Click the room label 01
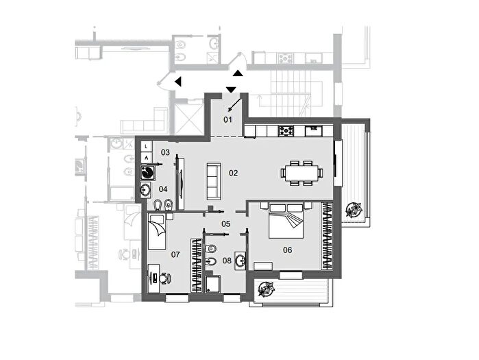(228, 119)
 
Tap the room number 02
(234, 173)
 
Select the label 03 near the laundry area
(165, 152)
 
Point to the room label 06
(287, 250)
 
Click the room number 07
(175, 254)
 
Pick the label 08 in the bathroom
(227, 261)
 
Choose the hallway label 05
(225, 224)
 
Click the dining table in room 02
(302, 173)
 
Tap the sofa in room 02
(214, 182)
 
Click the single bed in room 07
(157, 232)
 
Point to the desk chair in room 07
(165, 278)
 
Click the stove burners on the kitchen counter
(286, 131)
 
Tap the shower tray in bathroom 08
(213, 284)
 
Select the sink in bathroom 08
(241, 261)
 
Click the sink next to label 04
(146, 190)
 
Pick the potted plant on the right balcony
(354, 210)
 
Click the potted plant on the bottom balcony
(266, 289)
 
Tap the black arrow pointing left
(177, 82)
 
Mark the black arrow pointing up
(238, 73)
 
